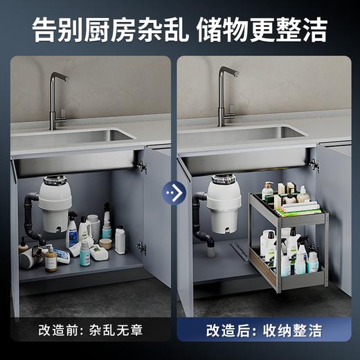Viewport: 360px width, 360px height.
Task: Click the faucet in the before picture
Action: pyautogui.click(x=57, y=97)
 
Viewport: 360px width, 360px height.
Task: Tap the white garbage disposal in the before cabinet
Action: pyautogui.click(x=55, y=204)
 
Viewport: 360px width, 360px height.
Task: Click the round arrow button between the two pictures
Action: pyautogui.click(x=174, y=192)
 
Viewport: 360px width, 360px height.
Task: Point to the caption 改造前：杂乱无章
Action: pyautogui.click(x=89, y=330)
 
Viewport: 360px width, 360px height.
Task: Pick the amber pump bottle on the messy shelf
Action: pyautogui.click(x=51, y=260)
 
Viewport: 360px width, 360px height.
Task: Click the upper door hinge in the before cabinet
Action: pyautogui.click(x=142, y=166)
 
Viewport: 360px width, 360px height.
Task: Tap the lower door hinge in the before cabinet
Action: pyautogui.click(x=141, y=247)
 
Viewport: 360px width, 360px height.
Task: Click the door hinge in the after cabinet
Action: pyautogui.click(x=314, y=165)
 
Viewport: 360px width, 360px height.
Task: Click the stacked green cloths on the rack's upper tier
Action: pyautogui.click(x=300, y=207)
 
